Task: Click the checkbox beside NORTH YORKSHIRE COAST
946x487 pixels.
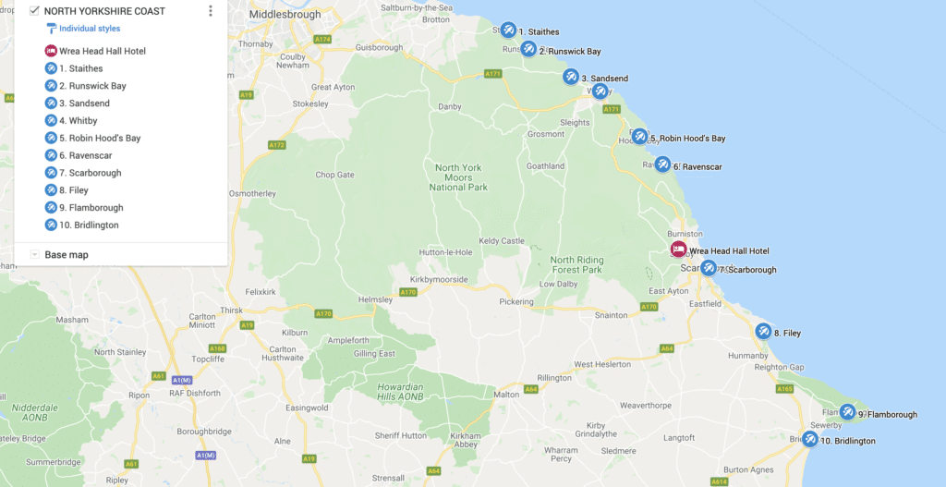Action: (x=34, y=11)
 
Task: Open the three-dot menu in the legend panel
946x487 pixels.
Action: (x=211, y=11)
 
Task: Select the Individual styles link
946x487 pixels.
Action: (x=89, y=29)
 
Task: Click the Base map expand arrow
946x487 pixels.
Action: (x=34, y=254)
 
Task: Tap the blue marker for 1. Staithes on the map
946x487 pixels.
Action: (x=508, y=30)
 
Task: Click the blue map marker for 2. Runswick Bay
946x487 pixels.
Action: (x=528, y=49)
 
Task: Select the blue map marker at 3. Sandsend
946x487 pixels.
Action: (x=571, y=77)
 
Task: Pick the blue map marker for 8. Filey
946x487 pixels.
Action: (x=763, y=331)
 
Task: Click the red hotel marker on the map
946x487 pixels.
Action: (x=678, y=250)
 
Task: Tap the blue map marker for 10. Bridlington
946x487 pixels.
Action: (x=810, y=439)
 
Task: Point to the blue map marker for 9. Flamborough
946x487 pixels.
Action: (x=847, y=412)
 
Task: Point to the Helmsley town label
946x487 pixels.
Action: (x=375, y=299)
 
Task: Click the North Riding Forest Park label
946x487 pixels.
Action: (x=576, y=265)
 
